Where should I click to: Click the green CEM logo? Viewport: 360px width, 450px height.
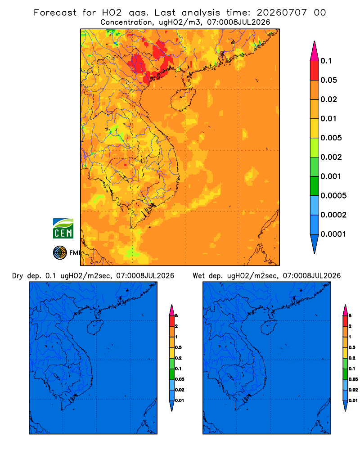pos(63,228)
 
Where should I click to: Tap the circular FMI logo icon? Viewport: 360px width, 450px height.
pos(60,253)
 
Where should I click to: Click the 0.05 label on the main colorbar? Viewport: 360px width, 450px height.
pos(328,80)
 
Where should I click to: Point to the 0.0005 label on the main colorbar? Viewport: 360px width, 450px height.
pos(333,196)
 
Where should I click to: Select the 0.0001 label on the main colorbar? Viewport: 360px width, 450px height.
pos(333,234)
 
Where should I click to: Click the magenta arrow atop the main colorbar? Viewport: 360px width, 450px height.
pos(315,51)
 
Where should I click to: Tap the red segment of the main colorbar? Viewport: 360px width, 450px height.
pos(315,71)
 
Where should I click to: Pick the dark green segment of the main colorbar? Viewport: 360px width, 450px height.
pos(315,186)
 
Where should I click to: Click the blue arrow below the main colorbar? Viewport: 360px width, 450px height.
pos(315,243)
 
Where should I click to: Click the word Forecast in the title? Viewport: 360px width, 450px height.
pos(55,13)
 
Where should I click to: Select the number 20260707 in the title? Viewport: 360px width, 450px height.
pos(282,13)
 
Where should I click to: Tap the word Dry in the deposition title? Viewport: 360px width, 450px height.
pos(17,276)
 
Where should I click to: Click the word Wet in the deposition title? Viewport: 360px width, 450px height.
pos(198,276)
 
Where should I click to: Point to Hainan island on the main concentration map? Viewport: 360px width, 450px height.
pos(183,99)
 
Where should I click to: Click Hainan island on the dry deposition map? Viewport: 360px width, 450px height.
pos(95,327)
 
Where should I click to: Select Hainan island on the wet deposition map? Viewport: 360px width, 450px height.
pos(269,327)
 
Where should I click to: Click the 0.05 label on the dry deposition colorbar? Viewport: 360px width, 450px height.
pos(180,379)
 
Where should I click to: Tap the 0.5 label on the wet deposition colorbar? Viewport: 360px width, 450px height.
pos(352,347)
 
